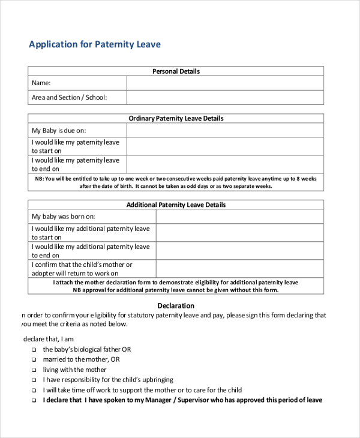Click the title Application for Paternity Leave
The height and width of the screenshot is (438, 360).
95,44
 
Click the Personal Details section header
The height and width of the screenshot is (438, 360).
176,71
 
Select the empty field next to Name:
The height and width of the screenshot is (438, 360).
225,83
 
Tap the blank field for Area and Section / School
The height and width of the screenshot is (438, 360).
225,97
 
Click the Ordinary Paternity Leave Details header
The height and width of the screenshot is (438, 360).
176,119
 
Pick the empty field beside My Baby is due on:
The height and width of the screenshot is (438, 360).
225,130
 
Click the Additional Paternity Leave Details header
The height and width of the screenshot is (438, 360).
176,205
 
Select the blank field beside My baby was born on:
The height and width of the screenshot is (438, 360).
239,217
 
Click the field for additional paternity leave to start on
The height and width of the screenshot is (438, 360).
239,233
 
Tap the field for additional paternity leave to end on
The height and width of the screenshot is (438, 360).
239,251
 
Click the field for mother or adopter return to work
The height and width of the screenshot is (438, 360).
239,269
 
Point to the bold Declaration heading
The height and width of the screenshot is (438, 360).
176,306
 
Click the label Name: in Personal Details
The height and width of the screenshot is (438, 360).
41,83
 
